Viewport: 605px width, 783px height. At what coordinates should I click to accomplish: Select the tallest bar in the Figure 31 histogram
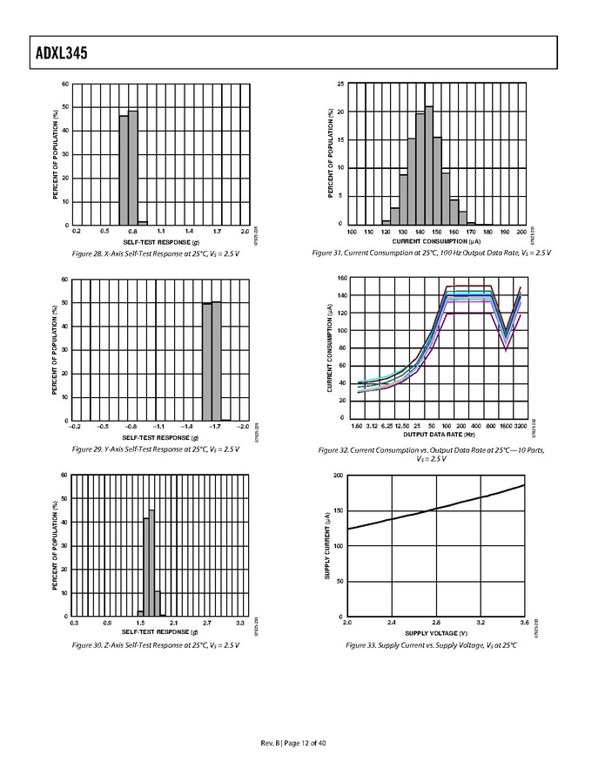428,165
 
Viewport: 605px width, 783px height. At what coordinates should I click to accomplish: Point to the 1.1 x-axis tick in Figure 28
161,232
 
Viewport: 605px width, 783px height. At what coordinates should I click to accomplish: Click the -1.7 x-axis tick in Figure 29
215,427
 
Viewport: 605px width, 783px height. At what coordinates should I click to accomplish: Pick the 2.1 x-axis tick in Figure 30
173,623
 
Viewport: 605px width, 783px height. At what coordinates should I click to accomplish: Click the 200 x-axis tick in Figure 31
521,232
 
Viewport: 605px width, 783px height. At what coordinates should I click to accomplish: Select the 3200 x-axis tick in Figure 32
520,426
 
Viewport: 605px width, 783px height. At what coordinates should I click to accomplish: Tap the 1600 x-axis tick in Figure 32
504,426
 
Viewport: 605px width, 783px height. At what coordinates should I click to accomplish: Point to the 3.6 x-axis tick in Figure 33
523,624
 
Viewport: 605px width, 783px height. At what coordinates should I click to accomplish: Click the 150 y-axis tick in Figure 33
339,510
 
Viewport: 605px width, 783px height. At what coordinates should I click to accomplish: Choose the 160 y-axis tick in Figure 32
341,279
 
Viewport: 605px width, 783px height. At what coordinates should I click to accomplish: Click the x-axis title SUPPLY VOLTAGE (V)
435,633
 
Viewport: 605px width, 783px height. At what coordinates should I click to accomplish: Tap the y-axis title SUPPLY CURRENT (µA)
328,546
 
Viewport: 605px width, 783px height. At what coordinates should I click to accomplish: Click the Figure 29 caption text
158,449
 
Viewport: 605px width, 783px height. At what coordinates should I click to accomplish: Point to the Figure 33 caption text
436,645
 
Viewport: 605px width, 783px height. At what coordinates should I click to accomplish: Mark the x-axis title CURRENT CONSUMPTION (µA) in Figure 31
435,241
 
